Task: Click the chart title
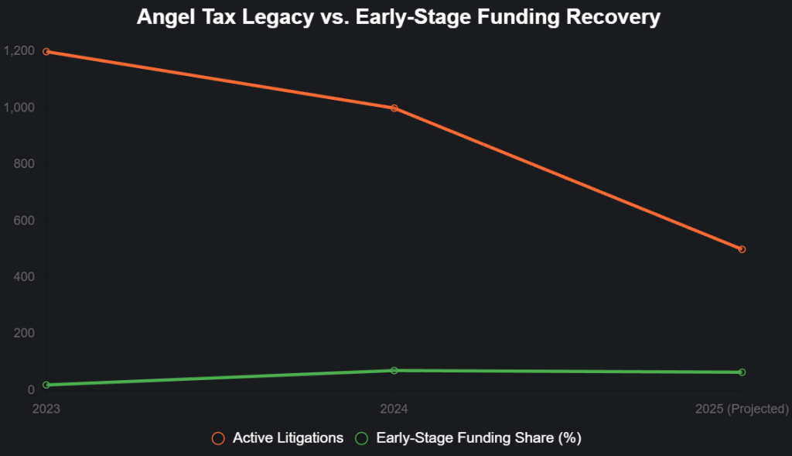(398, 17)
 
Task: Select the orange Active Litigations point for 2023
(46, 52)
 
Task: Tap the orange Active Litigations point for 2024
(394, 108)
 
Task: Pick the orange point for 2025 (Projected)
(742, 249)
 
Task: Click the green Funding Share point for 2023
(46, 385)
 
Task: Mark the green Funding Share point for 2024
(394, 371)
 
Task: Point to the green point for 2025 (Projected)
(742, 372)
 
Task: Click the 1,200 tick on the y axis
(19, 51)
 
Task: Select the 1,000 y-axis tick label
(19, 108)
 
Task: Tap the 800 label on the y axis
(24, 164)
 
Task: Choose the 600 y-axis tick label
(24, 221)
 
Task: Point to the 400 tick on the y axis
(24, 277)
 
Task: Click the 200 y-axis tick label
(24, 334)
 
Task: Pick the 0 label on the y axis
(31, 390)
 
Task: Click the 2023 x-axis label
(46, 408)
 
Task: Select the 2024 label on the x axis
(394, 408)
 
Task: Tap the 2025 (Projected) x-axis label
(742, 408)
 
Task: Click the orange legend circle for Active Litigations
(218, 438)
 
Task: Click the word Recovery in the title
(616, 17)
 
